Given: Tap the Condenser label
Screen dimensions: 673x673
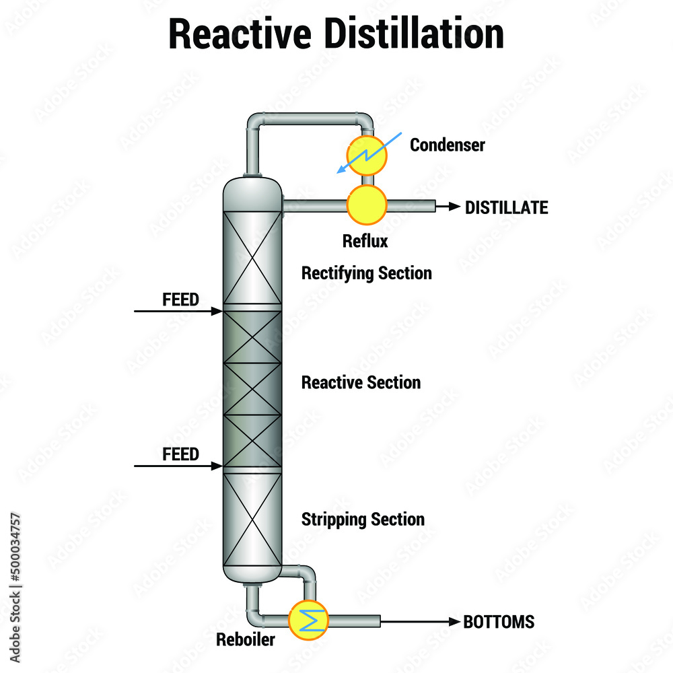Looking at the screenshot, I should point(448,145).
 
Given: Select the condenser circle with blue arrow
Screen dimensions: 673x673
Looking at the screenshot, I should point(367,155).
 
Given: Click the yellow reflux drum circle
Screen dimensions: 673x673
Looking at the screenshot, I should point(367,204).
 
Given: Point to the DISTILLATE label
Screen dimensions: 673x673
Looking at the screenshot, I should point(506,207).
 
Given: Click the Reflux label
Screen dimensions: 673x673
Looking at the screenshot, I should point(365,241).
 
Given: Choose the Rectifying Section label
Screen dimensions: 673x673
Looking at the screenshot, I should point(366,273).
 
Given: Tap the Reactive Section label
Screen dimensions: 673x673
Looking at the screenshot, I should point(361,382).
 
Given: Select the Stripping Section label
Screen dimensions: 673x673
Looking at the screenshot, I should point(363,520).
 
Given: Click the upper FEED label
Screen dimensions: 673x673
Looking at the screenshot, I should point(180,299).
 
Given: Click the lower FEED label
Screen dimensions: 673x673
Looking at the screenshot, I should point(180,454).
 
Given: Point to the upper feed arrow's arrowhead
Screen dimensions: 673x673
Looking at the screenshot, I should point(217,311).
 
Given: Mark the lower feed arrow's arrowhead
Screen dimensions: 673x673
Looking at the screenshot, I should point(217,466).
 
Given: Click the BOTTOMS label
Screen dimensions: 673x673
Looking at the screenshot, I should point(499,622).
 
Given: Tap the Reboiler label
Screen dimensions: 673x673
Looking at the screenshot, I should point(245,639).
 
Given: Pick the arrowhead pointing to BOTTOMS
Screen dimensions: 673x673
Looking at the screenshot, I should point(454,621).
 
